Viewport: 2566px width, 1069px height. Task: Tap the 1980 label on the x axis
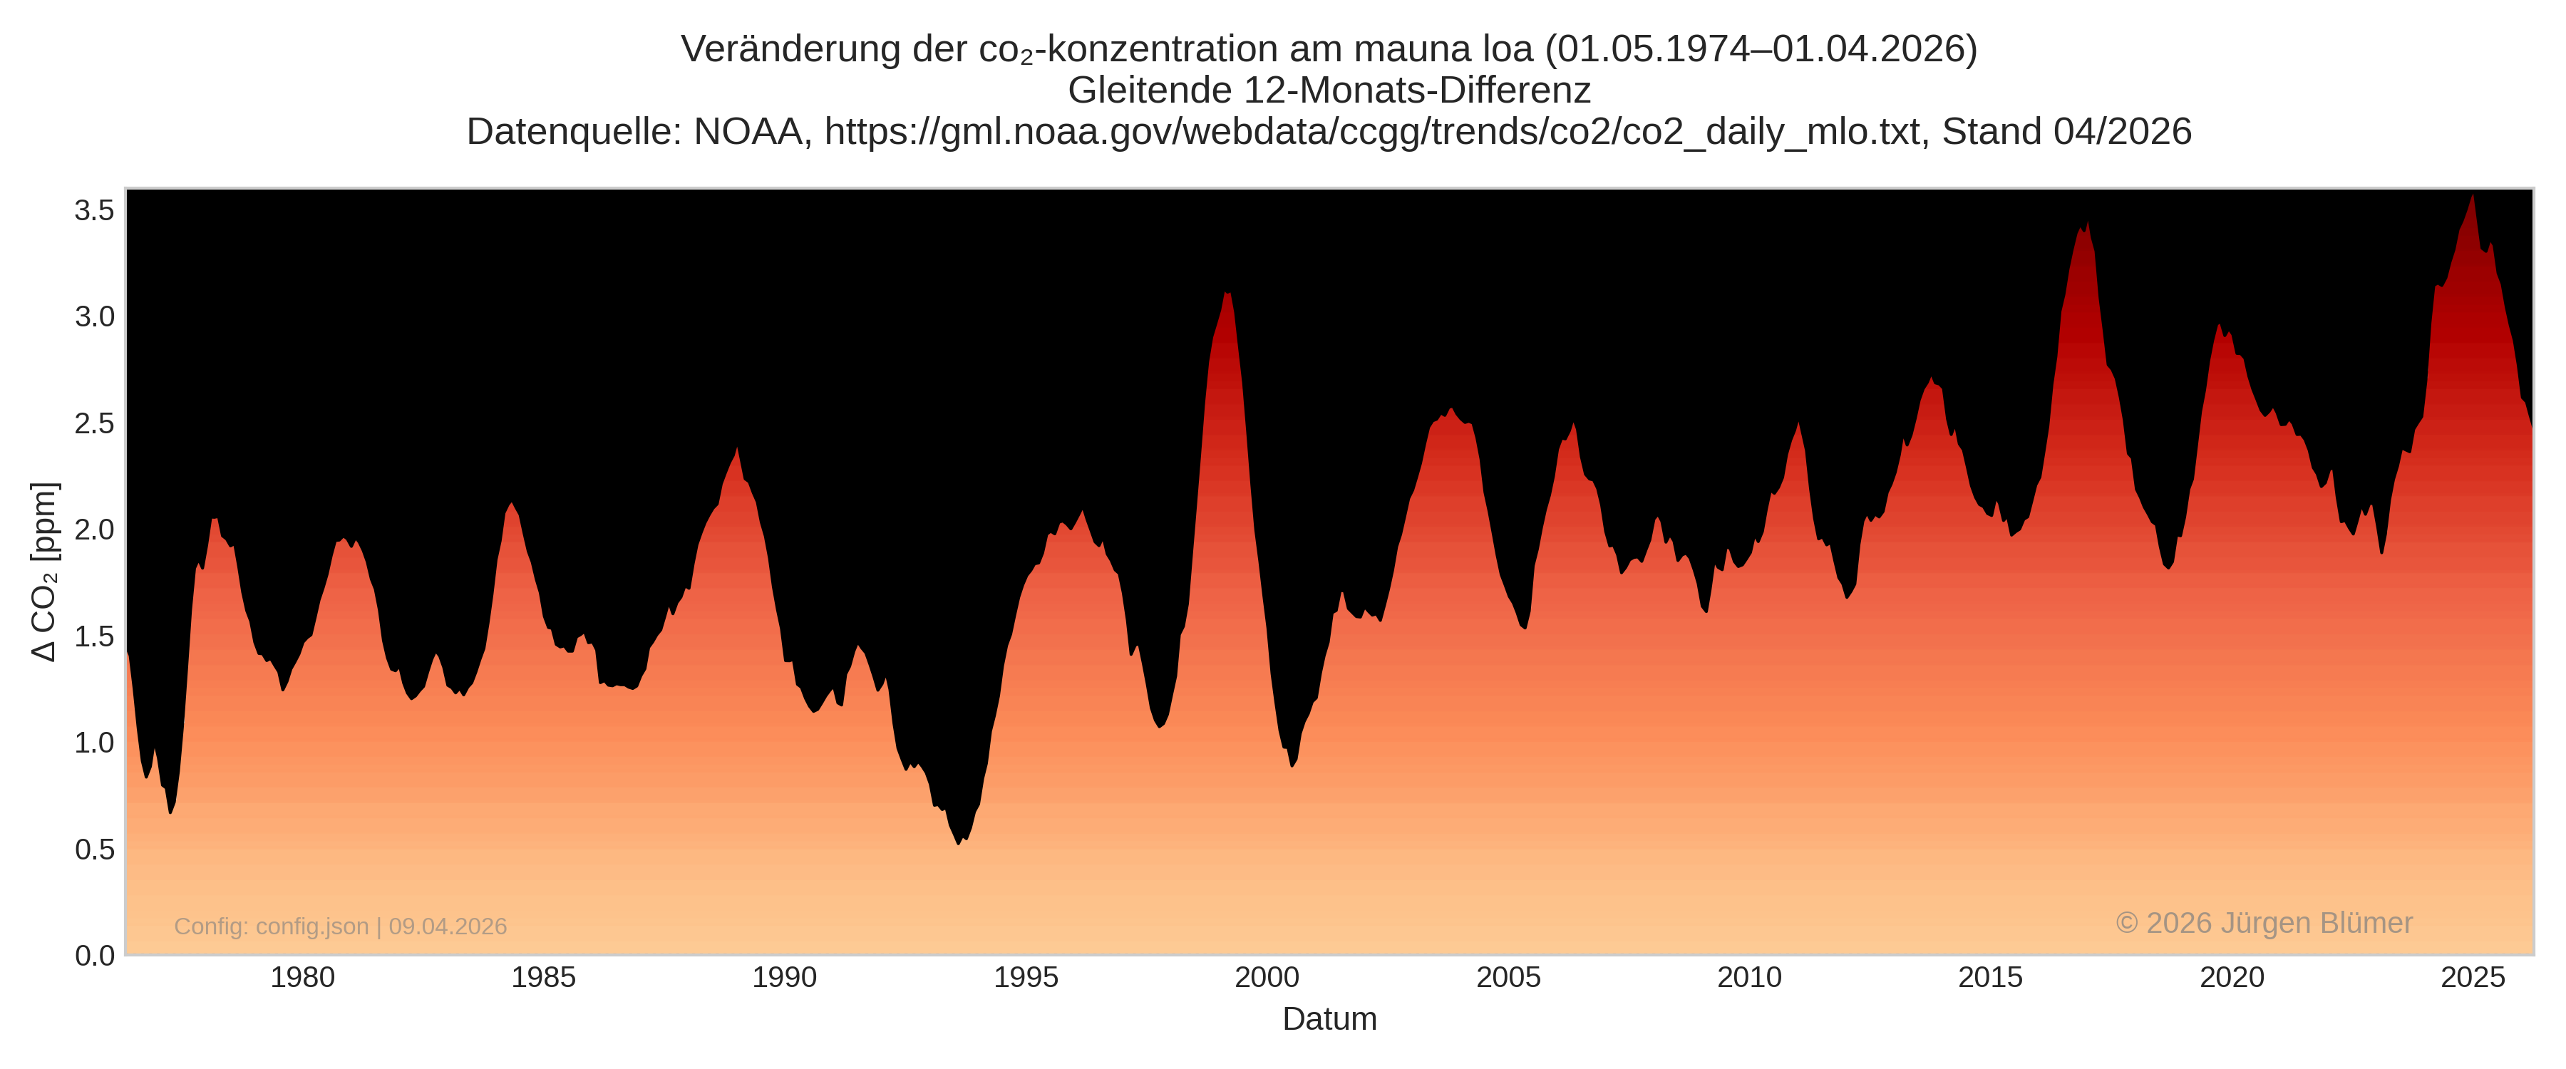point(303,977)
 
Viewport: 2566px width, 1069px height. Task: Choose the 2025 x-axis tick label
point(2473,977)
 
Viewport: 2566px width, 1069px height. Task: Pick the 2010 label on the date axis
point(1749,977)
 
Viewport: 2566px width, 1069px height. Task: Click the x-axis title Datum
point(1329,1019)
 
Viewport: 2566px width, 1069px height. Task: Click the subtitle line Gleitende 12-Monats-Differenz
point(1329,91)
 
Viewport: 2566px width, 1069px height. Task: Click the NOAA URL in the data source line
point(1371,132)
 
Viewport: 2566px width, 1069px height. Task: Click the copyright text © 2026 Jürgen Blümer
point(2263,923)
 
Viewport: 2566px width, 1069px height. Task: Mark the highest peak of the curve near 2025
point(2473,196)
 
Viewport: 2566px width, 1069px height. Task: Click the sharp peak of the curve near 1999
point(1227,294)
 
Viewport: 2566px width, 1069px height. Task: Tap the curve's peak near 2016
point(2087,225)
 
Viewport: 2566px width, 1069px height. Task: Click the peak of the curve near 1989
point(737,449)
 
